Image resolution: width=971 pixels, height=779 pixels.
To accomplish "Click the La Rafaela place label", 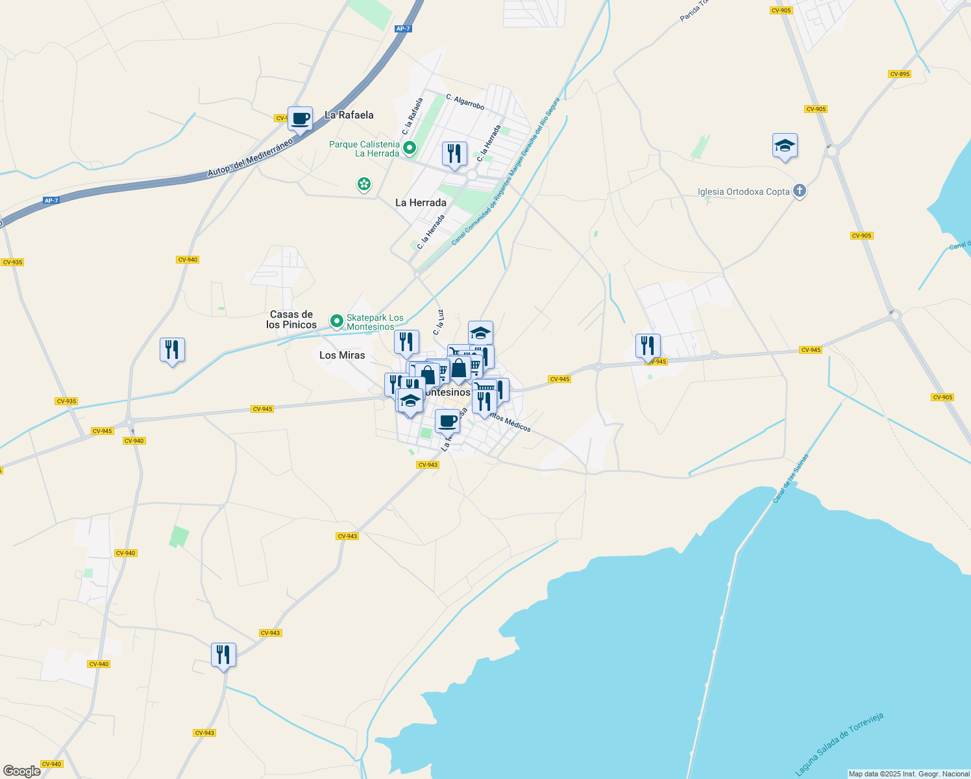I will [349, 115].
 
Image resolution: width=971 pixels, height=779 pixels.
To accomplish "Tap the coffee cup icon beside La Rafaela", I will [300, 119].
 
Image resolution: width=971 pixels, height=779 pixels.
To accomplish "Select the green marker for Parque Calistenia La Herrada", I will [410, 149].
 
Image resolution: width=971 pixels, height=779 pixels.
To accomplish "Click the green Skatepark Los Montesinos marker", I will [336, 321].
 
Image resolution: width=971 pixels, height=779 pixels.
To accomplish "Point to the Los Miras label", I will [342, 355].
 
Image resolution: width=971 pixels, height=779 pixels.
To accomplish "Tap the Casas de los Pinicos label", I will [291, 319].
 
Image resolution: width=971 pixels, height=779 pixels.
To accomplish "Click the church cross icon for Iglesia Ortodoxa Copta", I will [800, 192].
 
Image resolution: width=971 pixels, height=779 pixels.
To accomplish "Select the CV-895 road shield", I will [899, 74].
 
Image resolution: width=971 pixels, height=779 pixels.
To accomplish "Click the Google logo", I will [21, 771].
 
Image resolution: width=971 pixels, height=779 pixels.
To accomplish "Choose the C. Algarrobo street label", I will [465, 102].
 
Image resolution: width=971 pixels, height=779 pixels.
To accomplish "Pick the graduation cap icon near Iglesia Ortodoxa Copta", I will [785, 146].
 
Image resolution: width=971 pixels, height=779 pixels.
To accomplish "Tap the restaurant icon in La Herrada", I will [454, 154].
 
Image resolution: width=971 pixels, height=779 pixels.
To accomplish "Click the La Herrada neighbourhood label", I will [421, 203].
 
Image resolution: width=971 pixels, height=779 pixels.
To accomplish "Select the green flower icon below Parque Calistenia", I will [364, 184].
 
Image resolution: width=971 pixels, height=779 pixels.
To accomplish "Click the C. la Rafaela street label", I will [413, 116].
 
